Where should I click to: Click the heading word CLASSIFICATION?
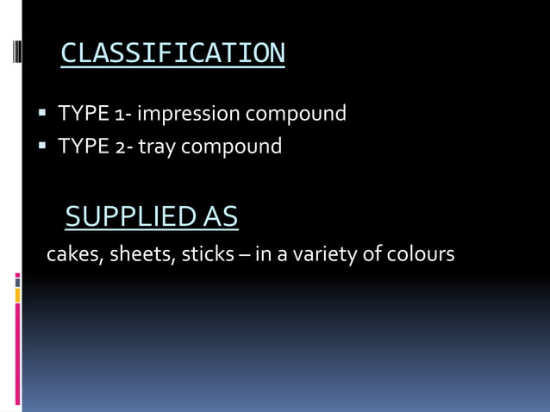point(172,54)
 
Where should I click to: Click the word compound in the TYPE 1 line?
point(295,113)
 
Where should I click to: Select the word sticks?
point(207,255)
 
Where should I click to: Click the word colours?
point(422,255)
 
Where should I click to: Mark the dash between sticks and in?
point(247,256)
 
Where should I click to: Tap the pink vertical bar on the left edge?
point(17,353)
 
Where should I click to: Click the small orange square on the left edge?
point(17,296)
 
